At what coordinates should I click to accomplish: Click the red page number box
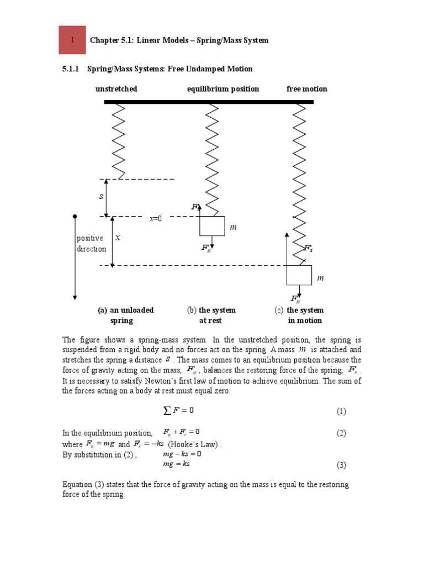(72, 40)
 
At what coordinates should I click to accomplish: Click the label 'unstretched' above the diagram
(116, 89)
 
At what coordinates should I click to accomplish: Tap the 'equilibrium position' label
(222, 89)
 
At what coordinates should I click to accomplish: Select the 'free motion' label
(306, 89)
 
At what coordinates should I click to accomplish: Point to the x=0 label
(156, 219)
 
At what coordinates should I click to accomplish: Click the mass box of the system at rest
(212, 226)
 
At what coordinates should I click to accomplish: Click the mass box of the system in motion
(299, 275)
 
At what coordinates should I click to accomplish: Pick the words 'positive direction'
(91, 244)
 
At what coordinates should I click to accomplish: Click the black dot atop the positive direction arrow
(75, 217)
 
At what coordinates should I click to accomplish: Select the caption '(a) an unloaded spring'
(125, 315)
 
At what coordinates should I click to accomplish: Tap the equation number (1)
(341, 411)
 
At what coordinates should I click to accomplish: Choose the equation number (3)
(341, 465)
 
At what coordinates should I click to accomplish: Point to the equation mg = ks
(176, 464)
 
